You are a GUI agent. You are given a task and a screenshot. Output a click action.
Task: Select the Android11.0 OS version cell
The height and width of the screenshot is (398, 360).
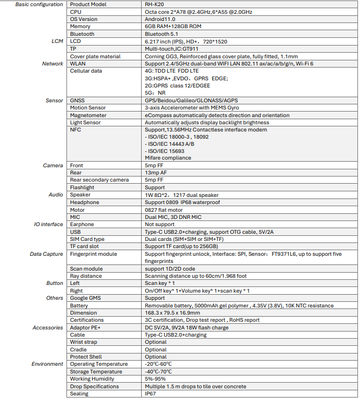160,19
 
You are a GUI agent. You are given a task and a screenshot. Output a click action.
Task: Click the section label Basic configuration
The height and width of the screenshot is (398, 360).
39,4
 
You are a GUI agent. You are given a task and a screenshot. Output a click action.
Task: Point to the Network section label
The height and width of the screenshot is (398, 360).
53,63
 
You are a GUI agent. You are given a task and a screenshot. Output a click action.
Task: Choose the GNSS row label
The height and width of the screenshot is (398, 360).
78,101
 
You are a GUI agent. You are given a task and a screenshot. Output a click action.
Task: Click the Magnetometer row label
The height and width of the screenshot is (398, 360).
88,116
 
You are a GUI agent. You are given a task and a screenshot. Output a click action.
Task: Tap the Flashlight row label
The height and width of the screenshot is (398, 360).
82,188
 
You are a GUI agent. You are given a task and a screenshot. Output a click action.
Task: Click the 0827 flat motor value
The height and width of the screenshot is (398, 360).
164,210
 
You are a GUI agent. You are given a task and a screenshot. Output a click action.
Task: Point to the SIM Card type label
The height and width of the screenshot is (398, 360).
87,239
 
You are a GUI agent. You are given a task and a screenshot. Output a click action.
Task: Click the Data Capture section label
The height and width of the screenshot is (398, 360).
47,254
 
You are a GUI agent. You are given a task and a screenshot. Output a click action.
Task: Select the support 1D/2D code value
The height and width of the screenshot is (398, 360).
169,269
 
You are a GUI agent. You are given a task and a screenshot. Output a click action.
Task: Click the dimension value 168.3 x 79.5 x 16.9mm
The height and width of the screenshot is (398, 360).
172,313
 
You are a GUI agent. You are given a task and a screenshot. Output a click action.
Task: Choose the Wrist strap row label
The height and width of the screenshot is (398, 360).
83,342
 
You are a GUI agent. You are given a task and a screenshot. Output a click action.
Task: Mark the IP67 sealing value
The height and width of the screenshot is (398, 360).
150,394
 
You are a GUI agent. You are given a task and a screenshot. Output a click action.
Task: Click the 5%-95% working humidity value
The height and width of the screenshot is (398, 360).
155,379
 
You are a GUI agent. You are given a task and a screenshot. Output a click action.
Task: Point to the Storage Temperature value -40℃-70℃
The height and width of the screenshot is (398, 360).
158,372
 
